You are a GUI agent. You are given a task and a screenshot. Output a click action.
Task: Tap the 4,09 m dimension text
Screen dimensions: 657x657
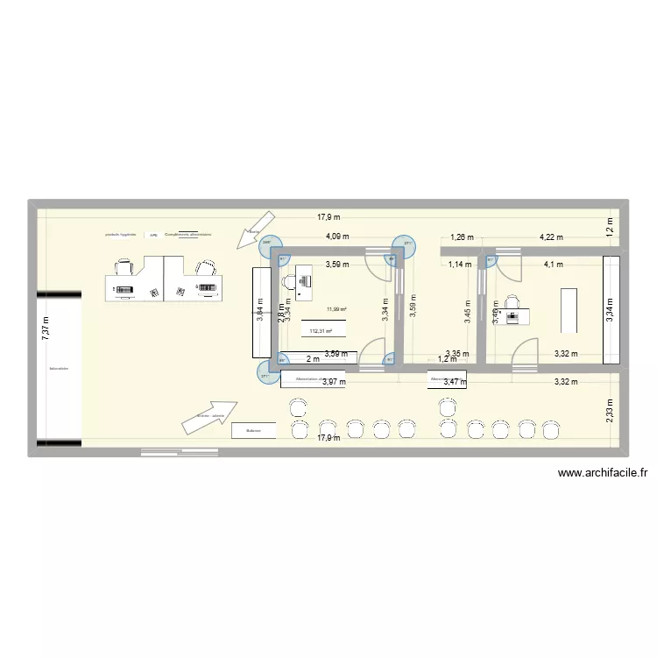click(x=337, y=237)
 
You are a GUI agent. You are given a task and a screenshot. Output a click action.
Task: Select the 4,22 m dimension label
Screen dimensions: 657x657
click(x=551, y=237)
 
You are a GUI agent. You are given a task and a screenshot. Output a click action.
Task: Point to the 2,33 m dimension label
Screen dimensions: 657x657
click(x=610, y=411)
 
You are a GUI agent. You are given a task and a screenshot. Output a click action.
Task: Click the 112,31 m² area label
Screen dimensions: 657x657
click(x=322, y=330)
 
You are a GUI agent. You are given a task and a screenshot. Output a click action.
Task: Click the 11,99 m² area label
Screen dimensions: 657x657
click(x=336, y=309)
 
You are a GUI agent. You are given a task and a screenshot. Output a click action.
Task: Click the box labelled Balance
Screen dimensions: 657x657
click(x=254, y=431)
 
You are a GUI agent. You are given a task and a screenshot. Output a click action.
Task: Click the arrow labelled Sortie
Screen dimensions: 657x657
click(x=258, y=230)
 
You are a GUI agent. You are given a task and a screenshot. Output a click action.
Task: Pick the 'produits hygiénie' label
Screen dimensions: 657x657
click(x=120, y=235)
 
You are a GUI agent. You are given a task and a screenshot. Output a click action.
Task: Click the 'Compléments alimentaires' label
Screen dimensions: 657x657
click(x=188, y=235)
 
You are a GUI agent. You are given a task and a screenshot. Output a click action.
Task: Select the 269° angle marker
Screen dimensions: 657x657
click(x=268, y=244)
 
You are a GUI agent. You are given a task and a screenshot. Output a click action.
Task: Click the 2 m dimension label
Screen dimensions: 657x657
click(x=313, y=359)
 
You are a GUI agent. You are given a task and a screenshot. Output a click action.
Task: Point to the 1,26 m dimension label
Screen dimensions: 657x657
click(x=462, y=237)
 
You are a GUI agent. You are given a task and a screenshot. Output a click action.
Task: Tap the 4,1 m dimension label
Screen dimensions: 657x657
click(x=554, y=264)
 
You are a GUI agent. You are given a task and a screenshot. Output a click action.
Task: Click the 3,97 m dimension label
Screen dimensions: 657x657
click(x=334, y=382)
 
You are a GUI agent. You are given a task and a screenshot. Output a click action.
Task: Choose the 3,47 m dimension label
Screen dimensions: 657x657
click(x=456, y=382)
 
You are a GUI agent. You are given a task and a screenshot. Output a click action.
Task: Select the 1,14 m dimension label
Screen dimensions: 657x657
click(x=459, y=264)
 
